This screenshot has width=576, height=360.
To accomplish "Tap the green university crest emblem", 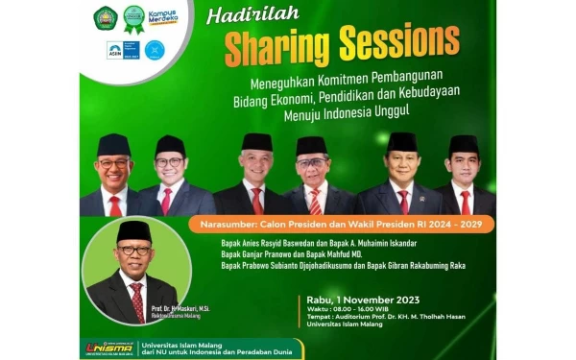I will point(105,17).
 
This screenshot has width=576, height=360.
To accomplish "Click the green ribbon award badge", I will point(134,17).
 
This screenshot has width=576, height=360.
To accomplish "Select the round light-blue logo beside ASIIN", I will point(155,50).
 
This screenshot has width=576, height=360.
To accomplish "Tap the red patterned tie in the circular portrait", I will point(136,299).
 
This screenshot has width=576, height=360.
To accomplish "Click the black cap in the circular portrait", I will point(133,231).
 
